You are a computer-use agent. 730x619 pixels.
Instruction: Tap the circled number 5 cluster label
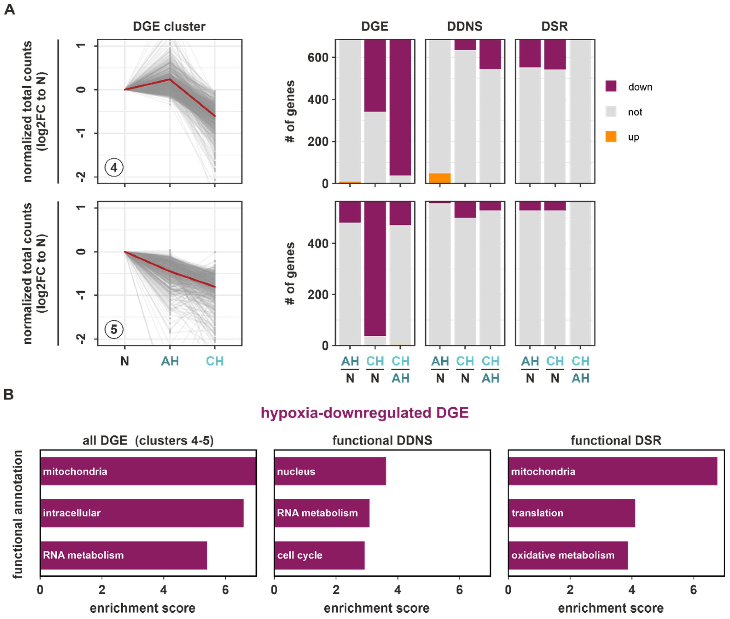point(114,329)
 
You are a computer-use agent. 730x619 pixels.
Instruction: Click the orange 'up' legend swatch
point(611,137)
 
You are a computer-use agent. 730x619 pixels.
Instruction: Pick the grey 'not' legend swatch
point(611,112)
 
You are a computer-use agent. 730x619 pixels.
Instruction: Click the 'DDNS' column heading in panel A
point(464,26)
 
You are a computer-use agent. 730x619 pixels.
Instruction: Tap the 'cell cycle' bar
point(319,555)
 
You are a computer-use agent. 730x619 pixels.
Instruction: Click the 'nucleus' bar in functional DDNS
point(330,471)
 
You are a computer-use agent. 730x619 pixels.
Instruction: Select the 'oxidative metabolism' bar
point(567,555)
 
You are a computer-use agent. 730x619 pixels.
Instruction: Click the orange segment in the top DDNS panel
point(440,178)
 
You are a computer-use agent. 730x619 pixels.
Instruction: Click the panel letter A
point(9,9)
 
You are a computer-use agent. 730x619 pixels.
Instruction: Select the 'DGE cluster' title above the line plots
point(169,26)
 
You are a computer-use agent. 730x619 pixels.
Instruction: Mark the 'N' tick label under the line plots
point(125,361)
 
